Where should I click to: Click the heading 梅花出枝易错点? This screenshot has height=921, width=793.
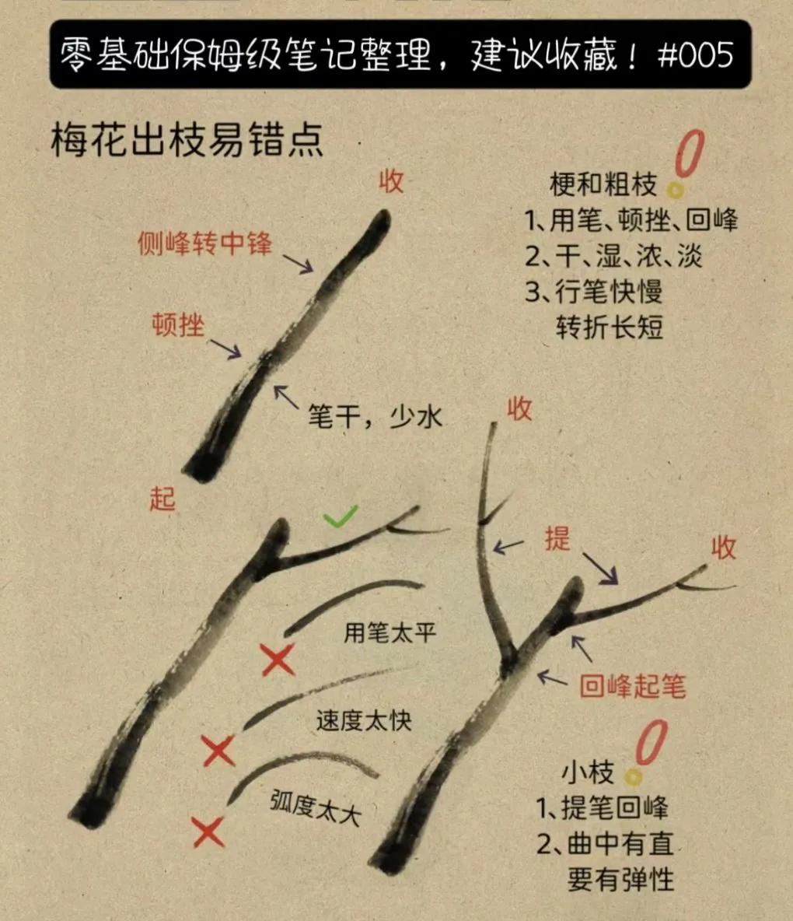point(187,140)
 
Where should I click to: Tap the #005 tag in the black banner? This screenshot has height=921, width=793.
point(696,54)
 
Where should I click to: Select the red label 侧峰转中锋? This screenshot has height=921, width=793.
point(204,243)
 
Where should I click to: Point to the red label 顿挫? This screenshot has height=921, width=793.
point(178,324)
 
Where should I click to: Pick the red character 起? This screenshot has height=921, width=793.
point(162,499)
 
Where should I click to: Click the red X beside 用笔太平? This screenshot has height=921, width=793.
point(278,660)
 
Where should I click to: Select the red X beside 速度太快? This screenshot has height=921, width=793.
point(218,750)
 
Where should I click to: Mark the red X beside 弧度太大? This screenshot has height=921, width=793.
point(208,831)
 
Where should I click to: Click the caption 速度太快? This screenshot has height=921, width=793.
point(364,720)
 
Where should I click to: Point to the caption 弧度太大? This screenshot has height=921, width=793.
point(315,808)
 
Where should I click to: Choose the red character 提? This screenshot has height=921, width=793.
point(557,538)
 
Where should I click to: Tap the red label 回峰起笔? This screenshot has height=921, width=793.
point(633,685)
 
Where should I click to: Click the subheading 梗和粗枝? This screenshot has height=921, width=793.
point(603,184)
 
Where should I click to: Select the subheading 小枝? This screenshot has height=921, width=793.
point(589,772)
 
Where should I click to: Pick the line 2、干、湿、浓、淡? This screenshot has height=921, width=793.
point(613,256)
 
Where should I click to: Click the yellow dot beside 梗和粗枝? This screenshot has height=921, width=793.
point(675,191)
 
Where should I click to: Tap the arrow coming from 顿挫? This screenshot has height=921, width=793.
point(225,348)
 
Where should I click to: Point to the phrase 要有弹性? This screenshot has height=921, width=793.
point(620,879)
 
